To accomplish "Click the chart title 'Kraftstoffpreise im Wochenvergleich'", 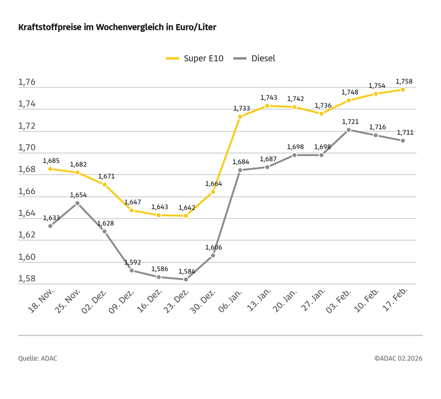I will (117, 27).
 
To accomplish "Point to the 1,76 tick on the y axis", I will (27, 82).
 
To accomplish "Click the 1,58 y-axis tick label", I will (27, 278).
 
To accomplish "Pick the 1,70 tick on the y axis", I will (27, 147).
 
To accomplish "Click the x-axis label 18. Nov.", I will (42, 300).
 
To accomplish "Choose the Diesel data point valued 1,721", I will (348, 130).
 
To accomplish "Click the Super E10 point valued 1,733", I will (240, 117).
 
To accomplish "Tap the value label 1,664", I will (214, 184).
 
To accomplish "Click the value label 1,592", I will (132, 263).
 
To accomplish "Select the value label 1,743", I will (269, 97).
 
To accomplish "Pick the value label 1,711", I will (405, 132).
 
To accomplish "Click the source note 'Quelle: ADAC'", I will (37, 358).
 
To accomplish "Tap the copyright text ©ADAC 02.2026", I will (398, 358).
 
